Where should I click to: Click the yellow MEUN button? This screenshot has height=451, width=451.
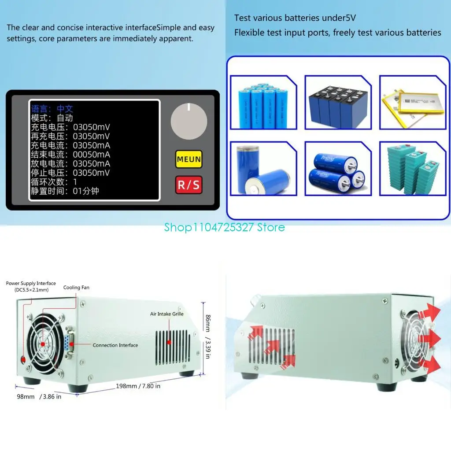189,159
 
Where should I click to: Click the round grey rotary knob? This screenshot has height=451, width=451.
189,122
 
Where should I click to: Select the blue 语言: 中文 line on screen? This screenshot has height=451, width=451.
52,109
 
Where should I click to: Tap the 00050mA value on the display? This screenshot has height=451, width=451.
91,155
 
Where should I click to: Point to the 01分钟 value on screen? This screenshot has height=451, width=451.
86,192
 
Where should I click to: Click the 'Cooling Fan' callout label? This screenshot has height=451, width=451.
76,288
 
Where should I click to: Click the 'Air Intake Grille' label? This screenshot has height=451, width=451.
166,314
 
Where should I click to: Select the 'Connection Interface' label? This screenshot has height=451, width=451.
115,345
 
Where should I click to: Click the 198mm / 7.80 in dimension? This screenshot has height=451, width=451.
138,386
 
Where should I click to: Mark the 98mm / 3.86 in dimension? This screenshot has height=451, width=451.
39,396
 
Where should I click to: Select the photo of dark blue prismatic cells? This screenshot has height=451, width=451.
338,102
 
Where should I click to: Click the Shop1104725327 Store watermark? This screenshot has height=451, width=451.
225,227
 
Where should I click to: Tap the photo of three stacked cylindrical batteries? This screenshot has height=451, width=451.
338,169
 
